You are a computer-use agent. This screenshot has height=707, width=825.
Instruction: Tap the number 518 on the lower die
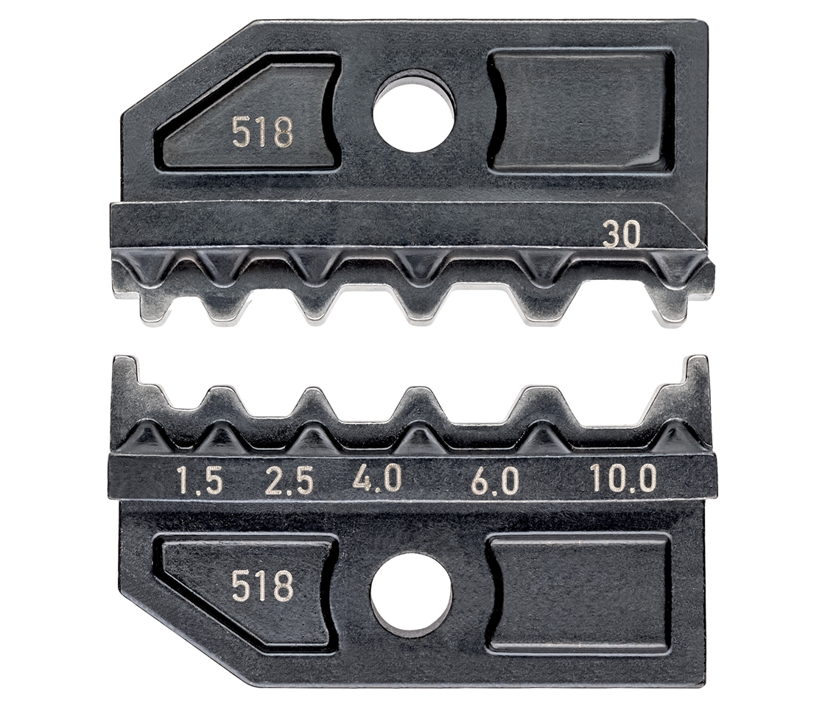tap(262, 585)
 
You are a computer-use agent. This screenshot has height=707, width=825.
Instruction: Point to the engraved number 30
tap(622, 234)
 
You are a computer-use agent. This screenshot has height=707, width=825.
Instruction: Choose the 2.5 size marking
tap(289, 482)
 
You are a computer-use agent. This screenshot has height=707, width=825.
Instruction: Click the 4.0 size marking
tap(377, 479)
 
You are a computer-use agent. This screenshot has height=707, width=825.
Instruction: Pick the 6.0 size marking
tap(494, 482)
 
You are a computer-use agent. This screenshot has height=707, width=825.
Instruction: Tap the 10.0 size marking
tap(623, 479)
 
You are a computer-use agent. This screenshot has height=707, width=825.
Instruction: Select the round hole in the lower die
tap(412, 593)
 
